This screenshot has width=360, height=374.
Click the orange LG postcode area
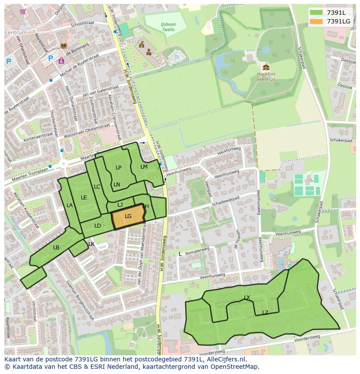128,217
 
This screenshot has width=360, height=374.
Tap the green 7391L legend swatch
316,13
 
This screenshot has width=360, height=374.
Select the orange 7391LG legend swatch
316,21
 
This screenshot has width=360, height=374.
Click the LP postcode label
118,168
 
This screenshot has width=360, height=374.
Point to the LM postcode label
144,167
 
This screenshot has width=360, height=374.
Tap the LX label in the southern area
247,298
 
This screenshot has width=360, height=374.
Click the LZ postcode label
265,312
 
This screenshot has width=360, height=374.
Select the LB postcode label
56,248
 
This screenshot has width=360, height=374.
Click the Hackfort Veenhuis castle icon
266,67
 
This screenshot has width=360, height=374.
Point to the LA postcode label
70,205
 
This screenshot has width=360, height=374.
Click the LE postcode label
84,198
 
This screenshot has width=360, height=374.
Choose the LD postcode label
97,226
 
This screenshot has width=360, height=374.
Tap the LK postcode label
91,244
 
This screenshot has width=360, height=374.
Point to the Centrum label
16,33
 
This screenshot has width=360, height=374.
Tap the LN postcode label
117,185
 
